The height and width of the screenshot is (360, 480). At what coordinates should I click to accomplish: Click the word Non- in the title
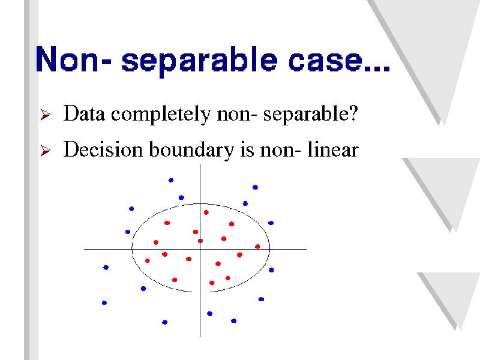pyautogui.click(x=73, y=59)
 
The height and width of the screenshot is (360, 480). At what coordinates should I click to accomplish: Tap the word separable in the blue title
pyautogui.click(x=199, y=61)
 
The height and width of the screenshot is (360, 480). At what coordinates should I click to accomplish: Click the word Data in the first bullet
pyautogui.click(x=84, y=113)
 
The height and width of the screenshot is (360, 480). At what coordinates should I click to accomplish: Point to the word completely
pyautogui.click(x=161, y=115)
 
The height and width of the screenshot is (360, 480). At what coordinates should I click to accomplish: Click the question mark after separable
pyautogui.click(x=353, y=113)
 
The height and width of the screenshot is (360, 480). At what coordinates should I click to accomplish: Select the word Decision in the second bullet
pyautogui.click(x=103, y=149)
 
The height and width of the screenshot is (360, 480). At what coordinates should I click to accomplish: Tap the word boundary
pyautogui.click(x=191, y=151)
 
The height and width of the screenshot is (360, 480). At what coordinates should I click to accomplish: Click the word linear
pyautogui.click(x=333, y=149)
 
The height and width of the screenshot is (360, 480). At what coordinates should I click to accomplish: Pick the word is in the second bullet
pyautogui.click(x=247, y=150)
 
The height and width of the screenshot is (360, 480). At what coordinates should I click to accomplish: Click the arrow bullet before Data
pyautogui.click(x=46, y=115)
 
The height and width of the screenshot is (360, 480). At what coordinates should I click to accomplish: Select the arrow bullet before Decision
pyautogui.click(x=46, y=151)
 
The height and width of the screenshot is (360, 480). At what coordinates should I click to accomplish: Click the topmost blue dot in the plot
pyautogui.click(x=171, y=181)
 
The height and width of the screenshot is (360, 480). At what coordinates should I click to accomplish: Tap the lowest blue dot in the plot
pyautogui.click(x=164, y=322)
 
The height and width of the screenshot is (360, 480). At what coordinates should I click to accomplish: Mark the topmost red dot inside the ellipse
pyautogui.click(x=206, y=212)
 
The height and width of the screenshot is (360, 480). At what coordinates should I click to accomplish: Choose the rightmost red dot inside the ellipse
pyautogui.click(x=257, y=247)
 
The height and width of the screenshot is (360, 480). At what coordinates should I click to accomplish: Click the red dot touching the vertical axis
pyautogui.click(x=200, y=241)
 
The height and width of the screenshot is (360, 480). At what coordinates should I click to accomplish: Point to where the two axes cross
pyautogui.click(x=200, y=249)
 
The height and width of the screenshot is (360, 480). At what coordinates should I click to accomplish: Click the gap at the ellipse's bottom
pyautogui.click(x=201, y=292)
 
